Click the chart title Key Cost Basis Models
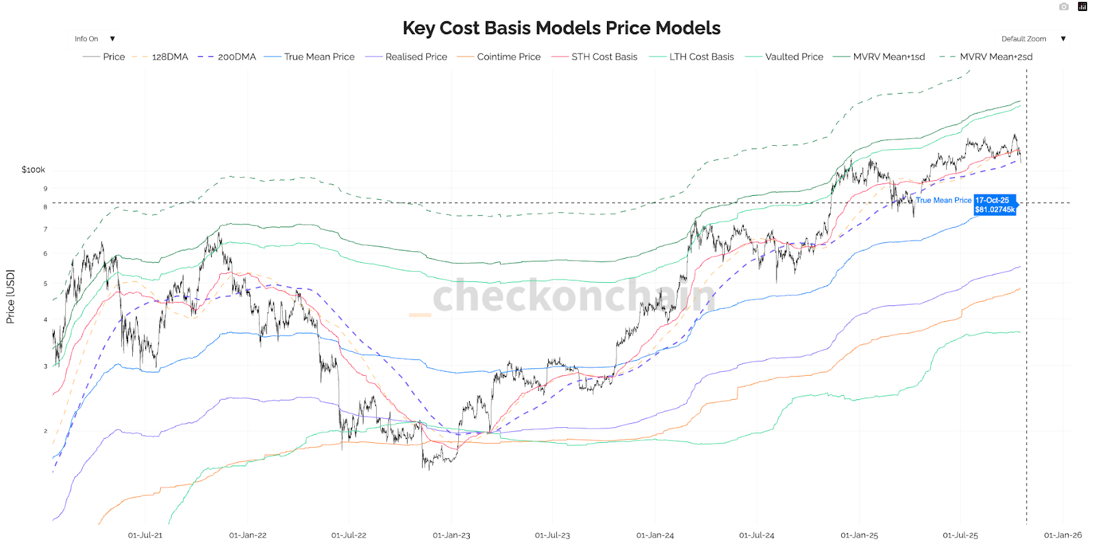click(x=561, y=28)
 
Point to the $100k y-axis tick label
click(x=34, y=170)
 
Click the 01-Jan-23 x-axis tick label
click(x=451, y=535)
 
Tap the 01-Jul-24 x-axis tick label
click(x=756, y=535)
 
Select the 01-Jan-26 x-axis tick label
click(x=1062, y=535)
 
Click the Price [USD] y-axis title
click(x=10, y=296)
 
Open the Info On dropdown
click(x=95, y=39)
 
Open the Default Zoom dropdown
click(x=1033, y=39)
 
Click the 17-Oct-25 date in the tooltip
click(x=992, y=201)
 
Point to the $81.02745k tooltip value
click(x=995, y=209)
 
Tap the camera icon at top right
click(x=1064, y=7)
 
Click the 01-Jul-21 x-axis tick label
click(x=145, y=535)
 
